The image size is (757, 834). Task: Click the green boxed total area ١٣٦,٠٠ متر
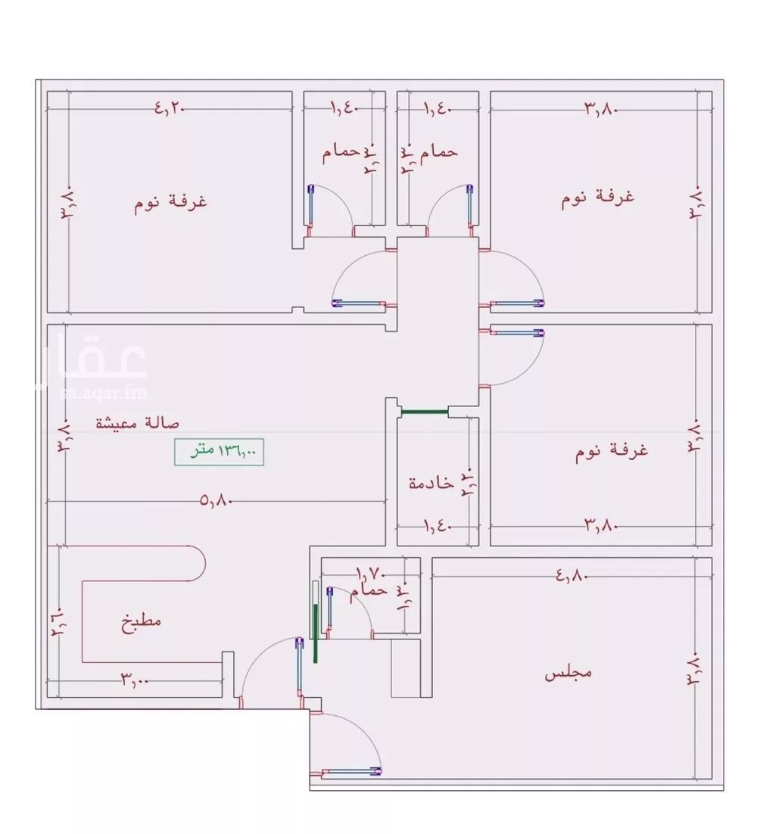pyautogui.click(x=220, y=453)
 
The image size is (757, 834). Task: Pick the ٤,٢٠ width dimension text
pyautogui.click(x=170, y=108)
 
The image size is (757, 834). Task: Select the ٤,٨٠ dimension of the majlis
pyautogui.click(x=572, y=575)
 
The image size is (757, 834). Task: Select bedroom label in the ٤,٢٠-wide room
pyautogui.click(x=172, y=203)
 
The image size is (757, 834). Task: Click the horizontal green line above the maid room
pyautogui.click(x=424, y=412)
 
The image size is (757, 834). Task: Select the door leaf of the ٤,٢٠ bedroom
pyautogui.click(x=359, y=303)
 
